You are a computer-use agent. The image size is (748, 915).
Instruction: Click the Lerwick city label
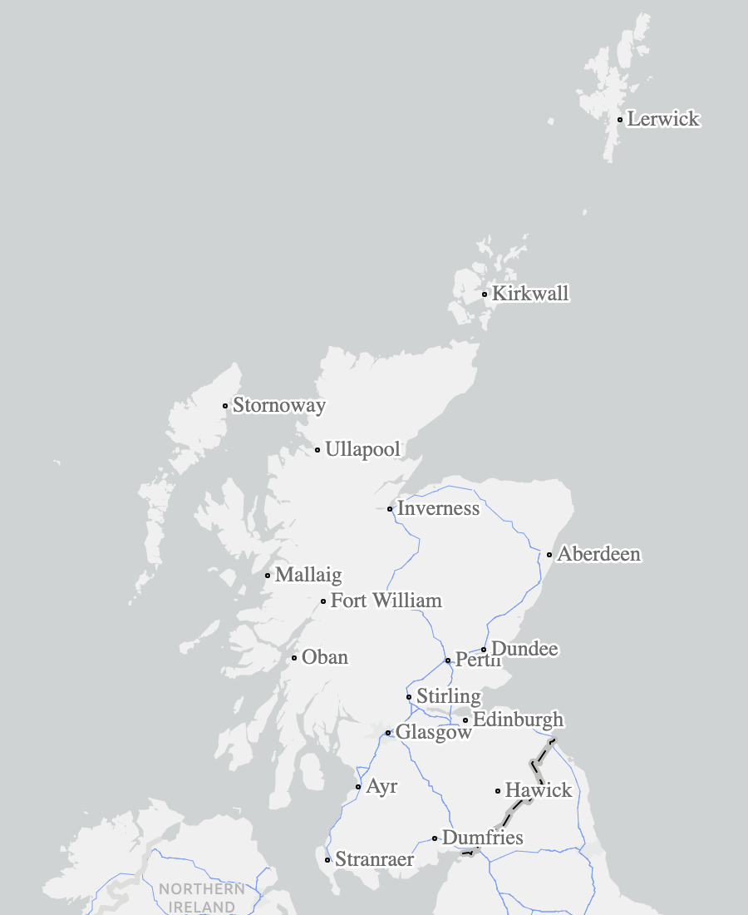tap(663, 119)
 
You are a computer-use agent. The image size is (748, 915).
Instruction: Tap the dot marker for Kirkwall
tap(485, 294)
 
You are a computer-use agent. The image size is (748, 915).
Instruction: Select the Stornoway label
tap(278, 406)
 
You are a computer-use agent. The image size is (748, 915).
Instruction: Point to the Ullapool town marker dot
tap(317, 450)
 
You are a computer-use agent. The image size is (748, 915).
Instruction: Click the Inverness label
tap(438, 508)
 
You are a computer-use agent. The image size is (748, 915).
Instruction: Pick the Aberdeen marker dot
tap(549, 555)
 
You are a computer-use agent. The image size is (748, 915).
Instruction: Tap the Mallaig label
tap(308, 575)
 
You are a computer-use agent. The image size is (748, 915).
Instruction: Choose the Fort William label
tap(386, 601)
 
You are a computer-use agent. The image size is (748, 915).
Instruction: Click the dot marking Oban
tap(294, 658)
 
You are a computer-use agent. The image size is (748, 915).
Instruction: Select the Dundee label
tap(524, 649)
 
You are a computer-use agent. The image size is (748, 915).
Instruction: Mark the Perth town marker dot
tap(448, 660)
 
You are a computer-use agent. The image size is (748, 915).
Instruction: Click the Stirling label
tap(448, 696)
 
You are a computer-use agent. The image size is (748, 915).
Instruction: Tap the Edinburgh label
tap(518, 720)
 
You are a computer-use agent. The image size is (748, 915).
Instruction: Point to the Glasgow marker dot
tap(388, 733)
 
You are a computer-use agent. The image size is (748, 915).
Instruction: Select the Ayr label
tap(381, 786)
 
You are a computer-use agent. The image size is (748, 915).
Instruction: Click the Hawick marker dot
tap(498, 791)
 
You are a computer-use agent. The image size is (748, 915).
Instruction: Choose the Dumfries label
tap(482, 838)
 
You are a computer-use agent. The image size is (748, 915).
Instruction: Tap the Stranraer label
tap(374, 859)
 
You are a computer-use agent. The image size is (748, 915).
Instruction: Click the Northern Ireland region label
tap(202, 898)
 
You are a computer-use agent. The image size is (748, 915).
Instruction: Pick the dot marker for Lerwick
tap(620, 120)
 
